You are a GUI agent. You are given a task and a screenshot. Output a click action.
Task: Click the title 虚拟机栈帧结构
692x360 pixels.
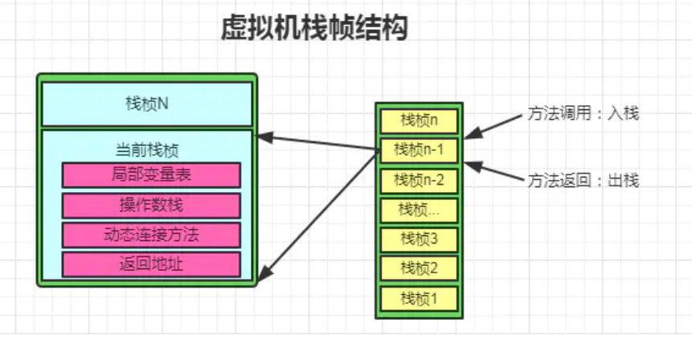click(x=314, y=29)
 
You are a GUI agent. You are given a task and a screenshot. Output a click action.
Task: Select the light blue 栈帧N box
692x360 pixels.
click(x=147, y=104)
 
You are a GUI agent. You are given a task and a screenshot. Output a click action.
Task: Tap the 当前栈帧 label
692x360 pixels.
click(x=147, y=149)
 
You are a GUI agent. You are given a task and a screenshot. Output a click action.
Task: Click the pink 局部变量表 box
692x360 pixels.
click(x=151, y=174)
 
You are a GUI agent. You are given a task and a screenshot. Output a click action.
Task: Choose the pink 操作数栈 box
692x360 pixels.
click(x=151, y=205)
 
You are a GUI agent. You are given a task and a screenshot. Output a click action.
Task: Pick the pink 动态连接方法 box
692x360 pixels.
click(x=151, y=235)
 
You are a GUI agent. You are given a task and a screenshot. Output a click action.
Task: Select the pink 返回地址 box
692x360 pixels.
click(x=151, y=264)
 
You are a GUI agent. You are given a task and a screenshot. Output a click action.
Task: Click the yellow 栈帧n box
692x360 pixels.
click(x=418, y=121)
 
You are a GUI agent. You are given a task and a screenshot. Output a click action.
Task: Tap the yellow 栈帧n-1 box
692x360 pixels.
click(x=418, y=149)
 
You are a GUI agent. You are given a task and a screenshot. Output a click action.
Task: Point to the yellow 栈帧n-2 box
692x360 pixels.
click(x=418, y=179)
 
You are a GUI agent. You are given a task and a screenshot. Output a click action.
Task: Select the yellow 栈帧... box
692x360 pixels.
click(x=418, y=209)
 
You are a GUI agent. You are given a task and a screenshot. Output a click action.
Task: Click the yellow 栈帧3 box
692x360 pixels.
click(x=418, y=239)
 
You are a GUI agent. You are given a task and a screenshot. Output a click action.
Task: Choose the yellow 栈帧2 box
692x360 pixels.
click(x=418, y=268)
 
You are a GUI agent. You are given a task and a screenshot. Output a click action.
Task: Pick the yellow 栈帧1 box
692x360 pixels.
click(x=418, y=297)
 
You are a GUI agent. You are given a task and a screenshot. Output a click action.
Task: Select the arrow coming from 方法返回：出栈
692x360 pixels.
click(x=494, y=172)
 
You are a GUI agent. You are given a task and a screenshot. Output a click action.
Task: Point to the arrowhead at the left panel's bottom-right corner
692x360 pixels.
click(x=265, y=272)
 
